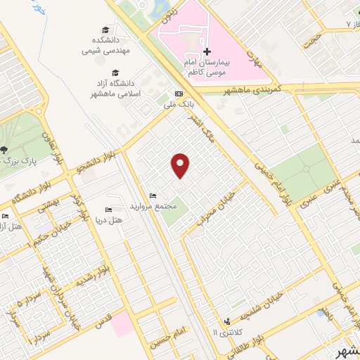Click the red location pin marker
coord(181,165)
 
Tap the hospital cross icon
coord(207,51)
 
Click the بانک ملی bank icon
coord(179,94)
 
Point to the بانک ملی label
coord(179,105)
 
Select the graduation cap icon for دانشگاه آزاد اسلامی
coord(115,72)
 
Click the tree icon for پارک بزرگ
coord(5,149)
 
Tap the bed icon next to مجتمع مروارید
coord(153,195)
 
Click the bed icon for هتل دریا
coord(108,210)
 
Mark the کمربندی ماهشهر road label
coord(251,91)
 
